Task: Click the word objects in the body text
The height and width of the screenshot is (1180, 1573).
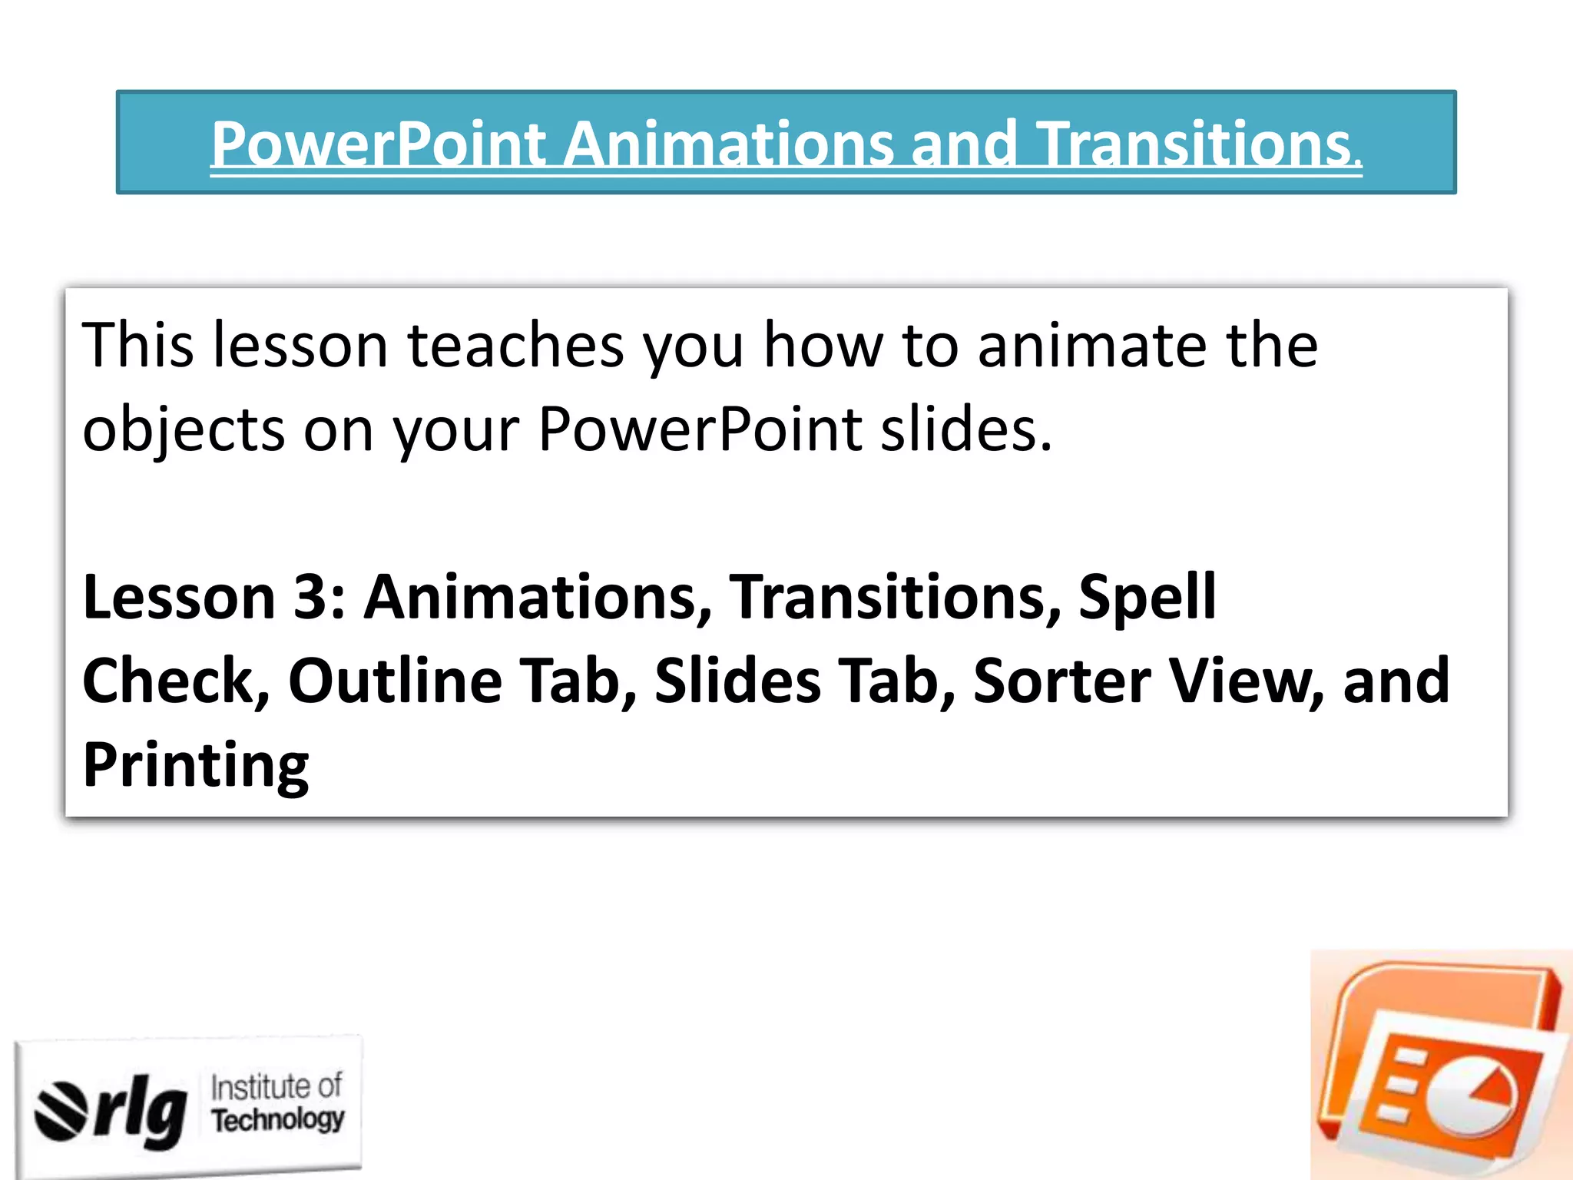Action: [x=184, y=430]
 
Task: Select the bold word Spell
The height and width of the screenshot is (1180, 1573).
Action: [x=1147, y=597]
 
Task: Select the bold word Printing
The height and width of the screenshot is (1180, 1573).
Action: [x=196, y=766]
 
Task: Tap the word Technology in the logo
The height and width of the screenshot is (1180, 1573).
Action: [x=278, y=1119]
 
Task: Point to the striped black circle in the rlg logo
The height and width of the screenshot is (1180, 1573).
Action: [x=62, y=1110]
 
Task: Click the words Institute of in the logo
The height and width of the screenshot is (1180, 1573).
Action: [x=277, y=1087]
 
